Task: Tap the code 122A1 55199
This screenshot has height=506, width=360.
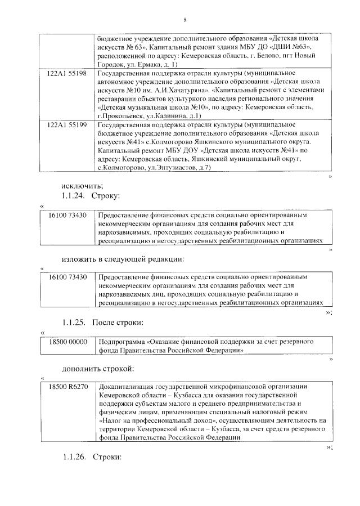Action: (67, 125)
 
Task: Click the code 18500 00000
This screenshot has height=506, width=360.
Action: (67, 342)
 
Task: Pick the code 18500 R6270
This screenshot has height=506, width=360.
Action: (67, 387)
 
